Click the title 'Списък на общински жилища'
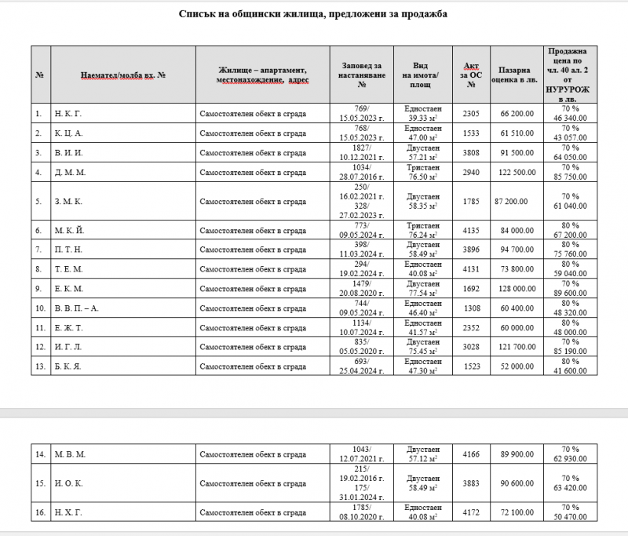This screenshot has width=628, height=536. pyautogui.click(x=313, y=15)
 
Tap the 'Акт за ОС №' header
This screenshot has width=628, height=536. pyautogui.click(x=471, y=75)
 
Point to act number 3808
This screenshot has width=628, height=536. pyautogui.click(x=471, y=152)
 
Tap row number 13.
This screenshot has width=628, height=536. pyautogui.click(x=39, y=366)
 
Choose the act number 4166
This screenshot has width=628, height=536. pyautogui.click(x=471, y=453)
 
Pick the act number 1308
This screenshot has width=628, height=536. pyautogui.click(x=471, y=308)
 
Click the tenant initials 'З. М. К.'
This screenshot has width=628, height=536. pyautogui.click(x=68, y=202)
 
